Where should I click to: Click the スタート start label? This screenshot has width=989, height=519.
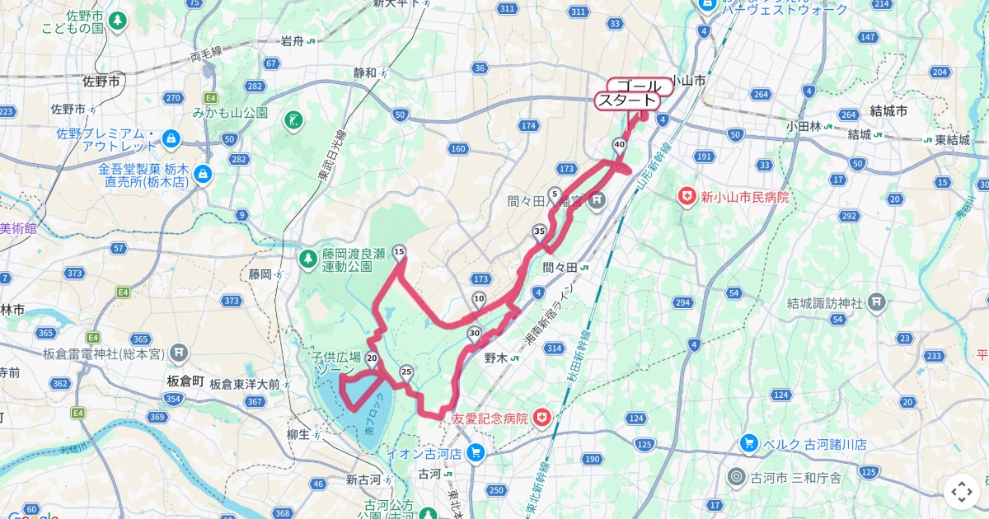[x=628, y=101]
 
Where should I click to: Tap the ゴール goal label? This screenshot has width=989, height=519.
[x=640, y=86]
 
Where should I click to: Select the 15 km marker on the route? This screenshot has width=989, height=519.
[x=400, y=253]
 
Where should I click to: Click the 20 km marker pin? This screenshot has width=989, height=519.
[x=372, y=358]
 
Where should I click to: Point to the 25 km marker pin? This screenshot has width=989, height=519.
[x=405, y=372]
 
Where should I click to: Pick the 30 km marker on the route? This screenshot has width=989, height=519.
[x=473, y=334]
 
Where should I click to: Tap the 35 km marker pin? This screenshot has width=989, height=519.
[x=539, y=231]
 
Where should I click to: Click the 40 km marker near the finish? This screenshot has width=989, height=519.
[x=618, y=145]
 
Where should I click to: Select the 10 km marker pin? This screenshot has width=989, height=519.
[x=479, y=299]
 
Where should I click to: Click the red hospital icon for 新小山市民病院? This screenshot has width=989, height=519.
[x=685, y=197]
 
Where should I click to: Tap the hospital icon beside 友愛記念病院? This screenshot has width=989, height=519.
[x=541, y=418]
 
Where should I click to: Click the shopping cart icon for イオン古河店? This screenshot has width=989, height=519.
[x=475, y=452]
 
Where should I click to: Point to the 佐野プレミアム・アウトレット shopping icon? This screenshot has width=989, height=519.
[x=171, y=138]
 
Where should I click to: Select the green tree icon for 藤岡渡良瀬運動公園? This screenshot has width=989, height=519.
[x=307, y=259]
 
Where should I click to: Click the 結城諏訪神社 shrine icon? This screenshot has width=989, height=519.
[x=875, y=303]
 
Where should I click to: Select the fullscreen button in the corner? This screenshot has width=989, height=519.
[x=962, y=493]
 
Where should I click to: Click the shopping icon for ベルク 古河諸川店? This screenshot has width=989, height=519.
[x=748, y=443]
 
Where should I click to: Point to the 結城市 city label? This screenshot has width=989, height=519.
[x=888, y=110]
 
